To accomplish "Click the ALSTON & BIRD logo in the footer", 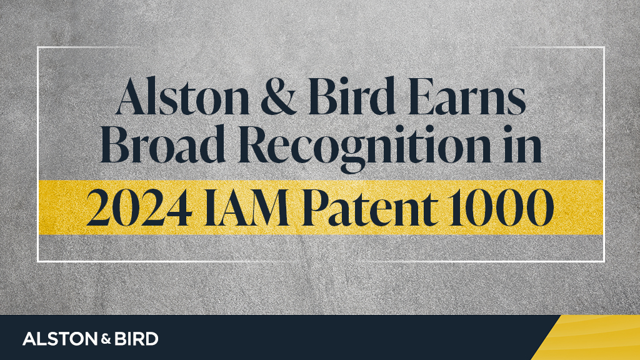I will (90, 339).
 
